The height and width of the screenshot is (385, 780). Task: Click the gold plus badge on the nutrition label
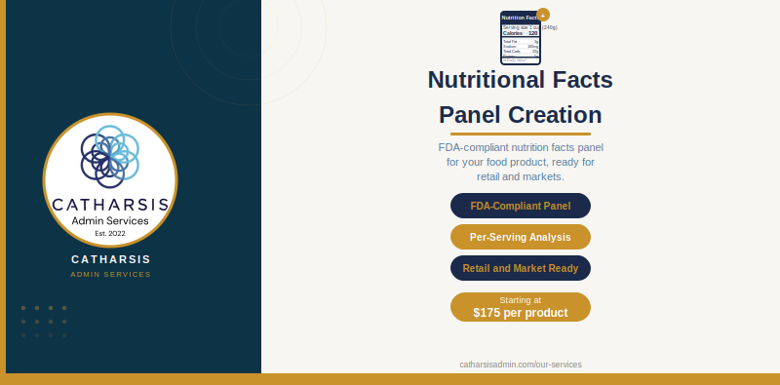[x=543, y=15]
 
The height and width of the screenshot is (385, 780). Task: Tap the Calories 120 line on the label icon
[x=520, y=33]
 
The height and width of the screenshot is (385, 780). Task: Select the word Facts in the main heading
[x=578, y=80]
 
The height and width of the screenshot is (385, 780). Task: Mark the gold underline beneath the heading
[x=521, y=134]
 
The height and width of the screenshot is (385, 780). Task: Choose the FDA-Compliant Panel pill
[x=521, y=206]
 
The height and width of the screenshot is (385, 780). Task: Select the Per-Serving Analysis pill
[x=521, y=237]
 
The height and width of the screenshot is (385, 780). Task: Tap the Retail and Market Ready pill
[x=521, y=268]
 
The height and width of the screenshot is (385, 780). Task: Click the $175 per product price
[x=521, y=313]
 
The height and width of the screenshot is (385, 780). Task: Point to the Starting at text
[x=521, y=300]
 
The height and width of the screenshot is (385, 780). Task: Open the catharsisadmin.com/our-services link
[x=521, y=365]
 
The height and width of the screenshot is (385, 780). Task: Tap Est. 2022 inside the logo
[x=110, y=234]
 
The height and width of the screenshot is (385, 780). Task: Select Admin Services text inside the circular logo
[x=110, y=221]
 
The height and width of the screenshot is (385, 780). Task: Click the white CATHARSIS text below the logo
[x=111, y=259]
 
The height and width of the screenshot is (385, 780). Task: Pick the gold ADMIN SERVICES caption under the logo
[x=111, y=275]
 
